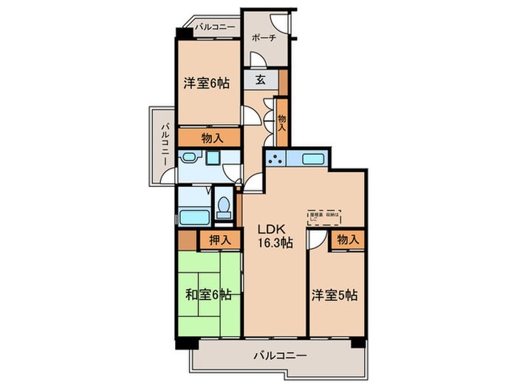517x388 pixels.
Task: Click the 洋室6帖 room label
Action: [206, 84]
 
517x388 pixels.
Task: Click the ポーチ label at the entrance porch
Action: [264, 38]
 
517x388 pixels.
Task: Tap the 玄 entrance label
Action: [261, 80]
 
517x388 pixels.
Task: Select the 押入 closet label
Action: [219, 239]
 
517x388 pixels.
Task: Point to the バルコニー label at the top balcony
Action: [215, 27]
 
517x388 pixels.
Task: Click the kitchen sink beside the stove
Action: [314, 158]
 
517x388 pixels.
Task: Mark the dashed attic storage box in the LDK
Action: [325, 215]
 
